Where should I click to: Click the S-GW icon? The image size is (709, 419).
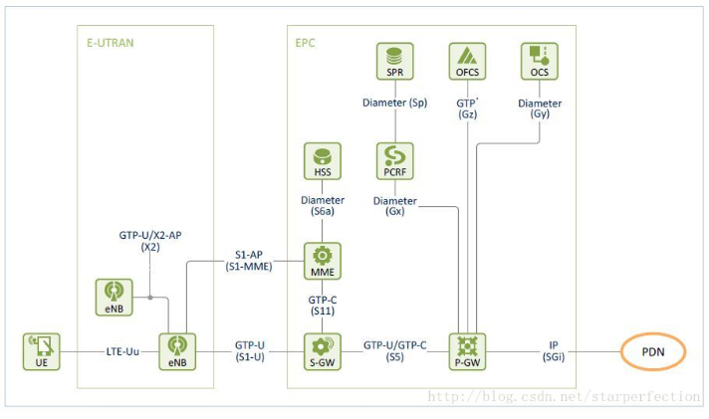tap(323, 350)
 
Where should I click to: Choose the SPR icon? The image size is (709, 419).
tap(395, 61)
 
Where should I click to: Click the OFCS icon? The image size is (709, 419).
tap(467, 61)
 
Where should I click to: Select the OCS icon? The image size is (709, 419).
tap(539, 61)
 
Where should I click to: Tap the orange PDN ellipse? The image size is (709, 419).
tap(653, 350)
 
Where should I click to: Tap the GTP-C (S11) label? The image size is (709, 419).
tap(323, 306)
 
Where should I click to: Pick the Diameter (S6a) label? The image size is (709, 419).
tap(323, 206)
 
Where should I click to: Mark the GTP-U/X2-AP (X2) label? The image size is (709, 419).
tap(150, 238)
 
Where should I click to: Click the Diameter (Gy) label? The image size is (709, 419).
tap(539, 108)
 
